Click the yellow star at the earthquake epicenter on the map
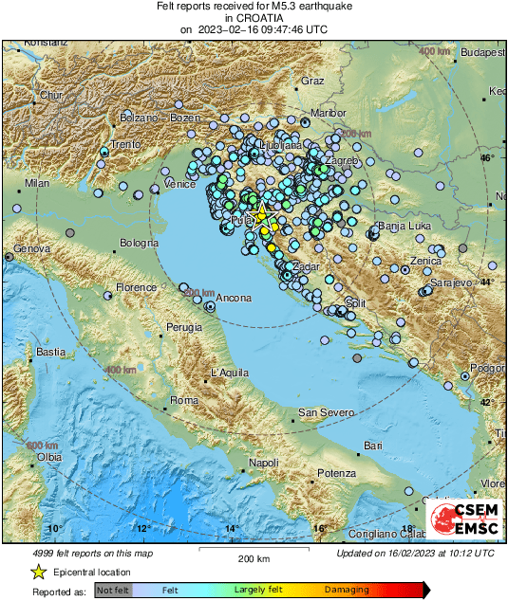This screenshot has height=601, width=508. tap(262, 214)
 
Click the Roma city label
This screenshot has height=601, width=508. tap(182, 402)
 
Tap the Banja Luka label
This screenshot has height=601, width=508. tap(405, 227)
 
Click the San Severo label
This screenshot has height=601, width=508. tap(326, 412)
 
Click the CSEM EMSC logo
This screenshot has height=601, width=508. tap(463, 519)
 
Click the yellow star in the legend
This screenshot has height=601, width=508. tap(38, 572)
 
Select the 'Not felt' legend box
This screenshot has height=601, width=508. tap(113, 590)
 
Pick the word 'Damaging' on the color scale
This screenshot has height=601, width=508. tap(348, 590)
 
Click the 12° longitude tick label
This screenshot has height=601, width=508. tap(142, 529)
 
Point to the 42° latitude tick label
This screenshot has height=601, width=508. tap(486, 403)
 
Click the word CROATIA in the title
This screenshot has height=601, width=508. tap(254, 18)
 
